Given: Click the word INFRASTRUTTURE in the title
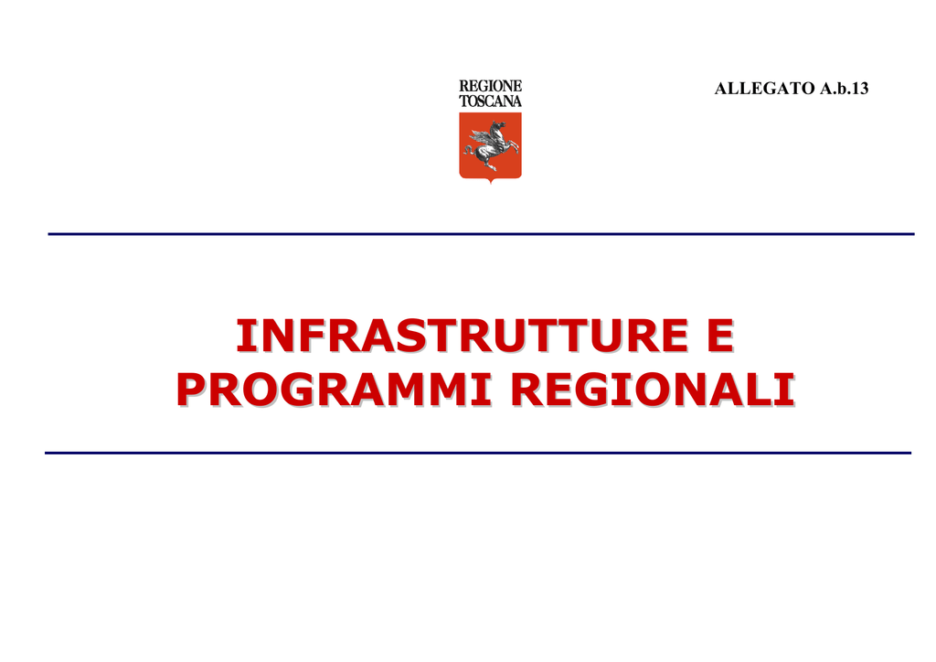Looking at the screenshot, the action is point(463,336).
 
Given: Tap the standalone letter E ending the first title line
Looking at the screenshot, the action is point(720,336).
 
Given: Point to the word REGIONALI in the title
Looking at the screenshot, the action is point(653,390).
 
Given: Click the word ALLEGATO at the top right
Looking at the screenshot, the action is point(765,89).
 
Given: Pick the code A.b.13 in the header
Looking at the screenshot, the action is point(844,89).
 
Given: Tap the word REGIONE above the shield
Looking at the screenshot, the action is point(490,86).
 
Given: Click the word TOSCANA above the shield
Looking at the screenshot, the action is point(490,101).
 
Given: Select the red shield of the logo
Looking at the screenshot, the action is point(490,147).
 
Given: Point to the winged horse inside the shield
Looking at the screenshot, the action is point(491,145).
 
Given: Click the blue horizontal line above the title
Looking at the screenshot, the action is point(481,234).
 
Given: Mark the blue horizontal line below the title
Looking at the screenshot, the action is point(478,454).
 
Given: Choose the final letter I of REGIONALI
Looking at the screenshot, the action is point(787,390).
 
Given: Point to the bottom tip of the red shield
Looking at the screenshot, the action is point(490,183).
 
